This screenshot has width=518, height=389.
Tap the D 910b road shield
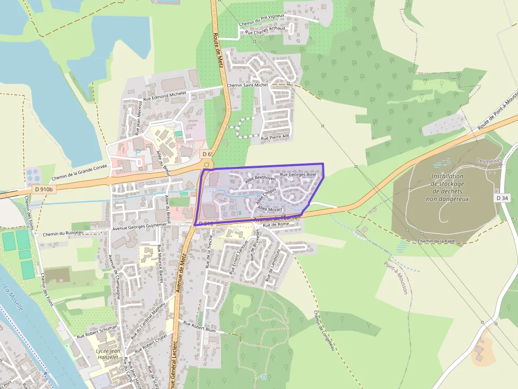tap(43, 189)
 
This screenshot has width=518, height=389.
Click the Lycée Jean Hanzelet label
tap(108, 355)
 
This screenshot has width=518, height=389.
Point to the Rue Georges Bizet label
tap(298, 174)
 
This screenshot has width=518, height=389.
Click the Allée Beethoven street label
tap(261, 179)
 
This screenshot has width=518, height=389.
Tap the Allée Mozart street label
tap(271, 210)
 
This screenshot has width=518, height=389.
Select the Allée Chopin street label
tap(266, 197)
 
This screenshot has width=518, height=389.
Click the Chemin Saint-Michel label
tap(247, 85)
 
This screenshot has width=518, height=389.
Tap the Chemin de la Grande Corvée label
tap(80, 172)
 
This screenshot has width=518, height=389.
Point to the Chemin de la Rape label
tap(436, 241)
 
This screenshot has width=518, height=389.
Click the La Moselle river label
tap(13, 299)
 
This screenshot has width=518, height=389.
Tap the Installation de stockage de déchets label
tap(447, 187)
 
